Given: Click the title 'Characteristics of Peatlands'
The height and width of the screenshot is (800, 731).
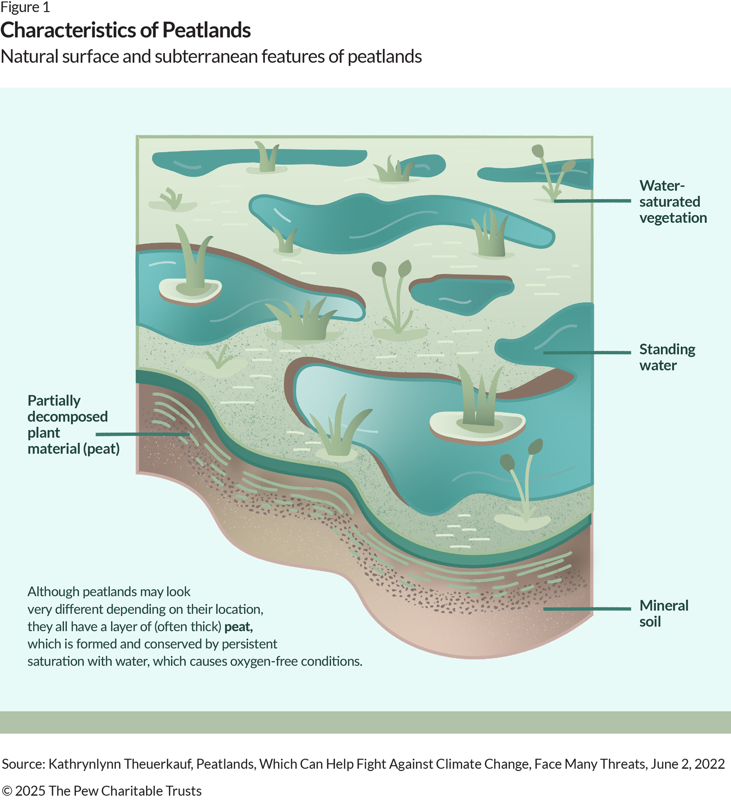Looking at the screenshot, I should coord(126,30).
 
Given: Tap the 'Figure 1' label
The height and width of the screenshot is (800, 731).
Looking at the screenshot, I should coord(25,8).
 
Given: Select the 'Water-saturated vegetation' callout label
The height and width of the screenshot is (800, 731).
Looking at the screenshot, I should coord(672,202).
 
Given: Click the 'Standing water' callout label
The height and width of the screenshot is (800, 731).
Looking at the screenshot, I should coord(667,357).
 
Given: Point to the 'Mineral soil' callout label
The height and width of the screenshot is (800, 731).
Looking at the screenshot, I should coord(663,613).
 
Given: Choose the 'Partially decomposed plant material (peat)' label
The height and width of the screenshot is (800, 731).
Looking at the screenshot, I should coord(73,424).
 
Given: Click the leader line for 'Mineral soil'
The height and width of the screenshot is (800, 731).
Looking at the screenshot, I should coord(587,609).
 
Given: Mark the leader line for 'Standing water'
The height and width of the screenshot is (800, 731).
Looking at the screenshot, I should coord(587,353).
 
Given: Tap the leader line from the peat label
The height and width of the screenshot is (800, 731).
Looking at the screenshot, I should coord(142,434).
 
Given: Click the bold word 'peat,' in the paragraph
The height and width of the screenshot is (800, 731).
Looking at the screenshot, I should coord(239,627).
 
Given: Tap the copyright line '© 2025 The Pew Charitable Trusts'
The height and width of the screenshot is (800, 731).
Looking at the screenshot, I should coord(101,791).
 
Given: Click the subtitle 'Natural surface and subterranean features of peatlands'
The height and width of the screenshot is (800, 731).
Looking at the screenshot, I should coord(211,57).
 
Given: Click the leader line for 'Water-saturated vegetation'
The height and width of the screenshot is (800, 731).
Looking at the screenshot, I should coord(592,201).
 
